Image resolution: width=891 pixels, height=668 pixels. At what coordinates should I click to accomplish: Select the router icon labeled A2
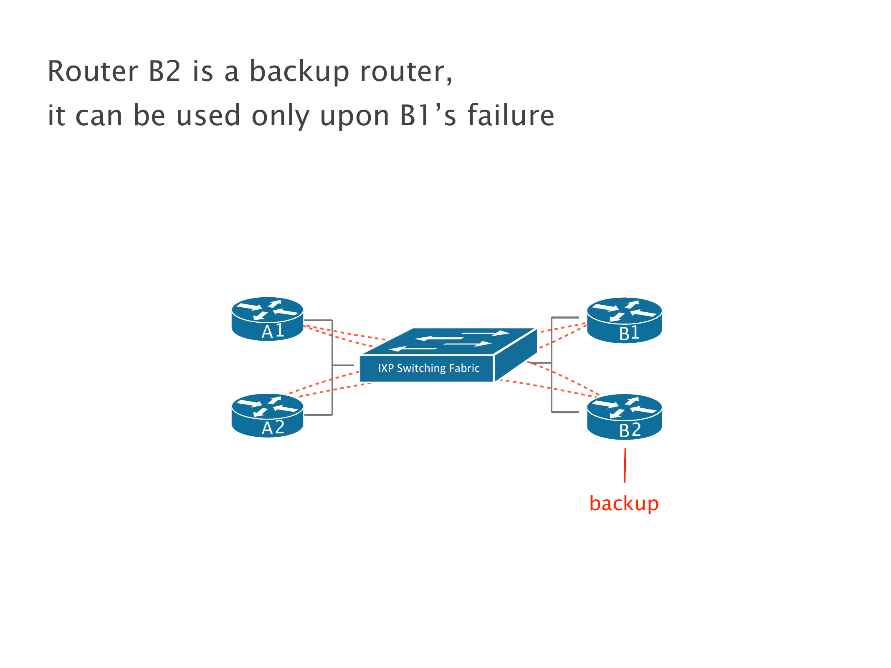point(267,415)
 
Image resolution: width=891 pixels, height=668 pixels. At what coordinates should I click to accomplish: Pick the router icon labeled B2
point(624,416)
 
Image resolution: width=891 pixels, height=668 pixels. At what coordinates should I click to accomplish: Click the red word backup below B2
point(624,504)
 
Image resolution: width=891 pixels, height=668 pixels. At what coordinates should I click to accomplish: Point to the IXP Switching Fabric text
point(428,368)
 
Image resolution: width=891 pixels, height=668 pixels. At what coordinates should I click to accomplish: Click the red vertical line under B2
point(625,465)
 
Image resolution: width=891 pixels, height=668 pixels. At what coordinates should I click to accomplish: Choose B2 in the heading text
point(165,71)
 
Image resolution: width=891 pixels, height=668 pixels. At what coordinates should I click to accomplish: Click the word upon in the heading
point(354,117)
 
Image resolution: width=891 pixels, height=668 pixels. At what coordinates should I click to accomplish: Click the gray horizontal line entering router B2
point(565,412)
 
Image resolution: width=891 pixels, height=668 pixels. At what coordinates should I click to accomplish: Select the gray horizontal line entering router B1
point(565,318)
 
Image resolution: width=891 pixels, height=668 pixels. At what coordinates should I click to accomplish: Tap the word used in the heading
point(208,116)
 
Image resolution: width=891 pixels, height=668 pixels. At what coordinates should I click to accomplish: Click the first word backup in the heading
point(299,71)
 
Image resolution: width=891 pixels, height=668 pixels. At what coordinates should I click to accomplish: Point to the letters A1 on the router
point(273,331)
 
